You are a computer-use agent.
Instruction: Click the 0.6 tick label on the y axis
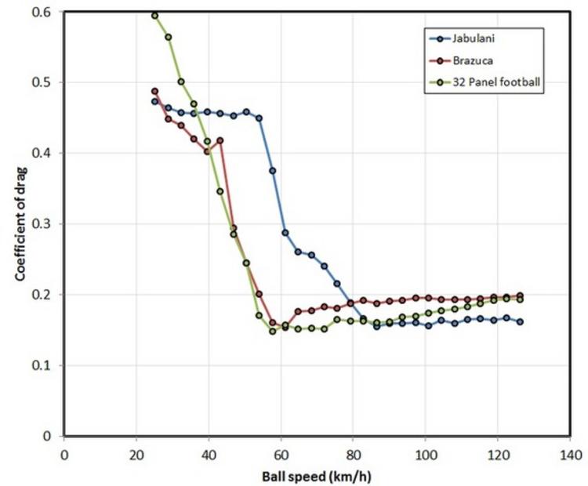pyautogui.click(x=44, y=12)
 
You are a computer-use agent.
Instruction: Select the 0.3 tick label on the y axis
pyautogui.click(x=44, y=224)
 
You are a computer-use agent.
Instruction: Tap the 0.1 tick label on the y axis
pyautogui.click(x=44, y=365)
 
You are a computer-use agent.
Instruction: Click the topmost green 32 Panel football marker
pyautogui.click(x=154, y=15)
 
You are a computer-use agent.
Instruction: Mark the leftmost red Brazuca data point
pyautogui.click(x=154, y=91)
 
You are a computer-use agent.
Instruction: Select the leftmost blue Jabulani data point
pyautogui.click(x=154, y=101)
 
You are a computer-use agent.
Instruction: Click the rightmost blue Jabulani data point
pyautogui.click(x=520, y=321)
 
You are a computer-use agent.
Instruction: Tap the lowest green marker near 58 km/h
pyautogui.click(x=273, y=331)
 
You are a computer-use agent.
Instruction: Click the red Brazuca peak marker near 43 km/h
pyautogui.click(x=220, y=141)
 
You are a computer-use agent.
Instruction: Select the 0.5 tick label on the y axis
pyautogui.click(x=44, y=82)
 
